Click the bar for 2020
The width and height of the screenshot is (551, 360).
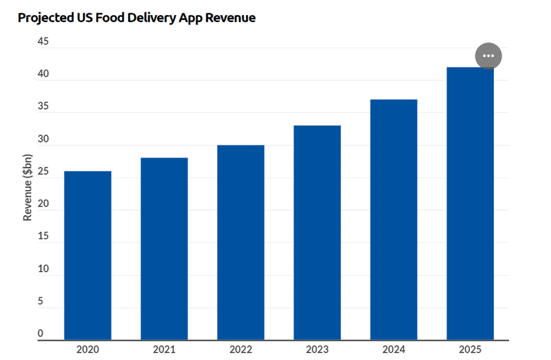coord(88,255)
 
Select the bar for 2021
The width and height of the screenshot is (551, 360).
coord(164,248)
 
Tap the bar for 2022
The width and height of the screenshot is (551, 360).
coord(241,242)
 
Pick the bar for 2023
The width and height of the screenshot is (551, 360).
coord(317,233)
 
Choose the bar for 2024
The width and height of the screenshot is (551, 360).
coord(394,220)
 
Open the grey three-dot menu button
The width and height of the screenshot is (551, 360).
coord(488,56)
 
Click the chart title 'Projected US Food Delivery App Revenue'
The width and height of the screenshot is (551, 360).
coord(137,18)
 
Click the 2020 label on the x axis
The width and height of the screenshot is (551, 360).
coord(88,350)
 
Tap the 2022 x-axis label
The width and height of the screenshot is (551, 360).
coord(241,350)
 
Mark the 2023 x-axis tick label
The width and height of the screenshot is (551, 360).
coord(317,350)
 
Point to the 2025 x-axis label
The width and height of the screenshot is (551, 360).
coord(470,350)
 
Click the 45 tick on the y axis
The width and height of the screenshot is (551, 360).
coord(43,41)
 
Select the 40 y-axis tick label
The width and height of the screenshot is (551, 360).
coord(43,74)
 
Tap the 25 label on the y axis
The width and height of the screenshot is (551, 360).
coord(43,171)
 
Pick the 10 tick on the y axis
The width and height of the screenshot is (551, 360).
coord(43,268)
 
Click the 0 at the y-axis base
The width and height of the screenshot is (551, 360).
coord(41,334)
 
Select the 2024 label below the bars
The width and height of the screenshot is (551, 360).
coord(394,350)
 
